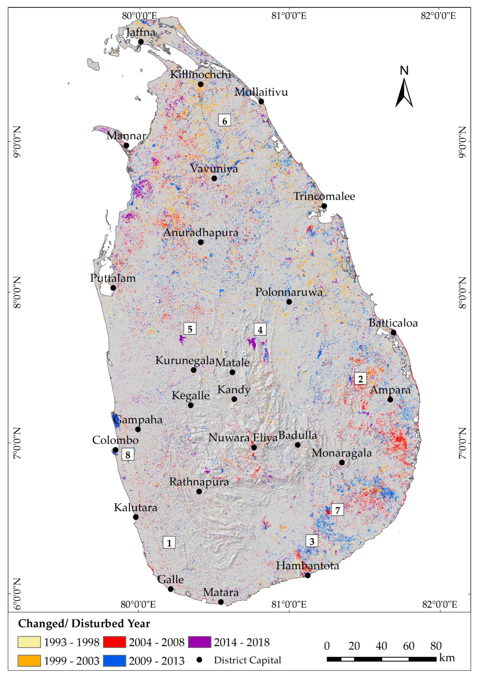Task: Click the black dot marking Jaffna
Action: point(141,42)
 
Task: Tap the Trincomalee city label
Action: point(324,196)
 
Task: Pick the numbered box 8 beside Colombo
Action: point(128,455)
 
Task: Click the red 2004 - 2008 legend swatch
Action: point(114,642)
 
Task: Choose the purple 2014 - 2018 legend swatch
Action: point(200,642)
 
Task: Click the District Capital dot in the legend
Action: point(200,660)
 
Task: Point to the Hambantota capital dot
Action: point(308,575)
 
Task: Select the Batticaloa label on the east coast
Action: point(393,323)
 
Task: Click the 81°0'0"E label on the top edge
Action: point(289,16)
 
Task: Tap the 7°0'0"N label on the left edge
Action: point(17,443)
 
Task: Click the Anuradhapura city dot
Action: point(200,242)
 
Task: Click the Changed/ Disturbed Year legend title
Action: point(84,623)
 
